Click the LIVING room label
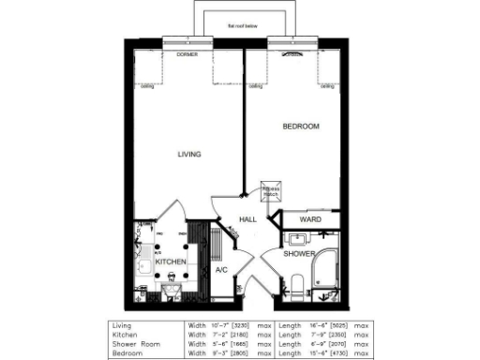(x=191, y=155)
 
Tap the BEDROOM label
(x=301, y=126)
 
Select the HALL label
(x=247, y=219)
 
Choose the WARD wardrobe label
(x=310, y=219)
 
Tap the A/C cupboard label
(x=222, y=270)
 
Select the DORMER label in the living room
(x=187, y=55)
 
